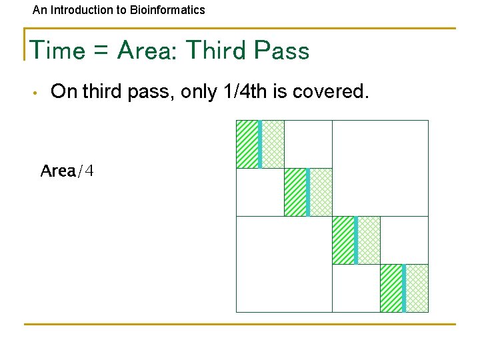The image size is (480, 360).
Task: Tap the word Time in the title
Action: (58, 51)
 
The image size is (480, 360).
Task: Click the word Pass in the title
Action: (283, 51)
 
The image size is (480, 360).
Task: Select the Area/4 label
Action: (67, 171)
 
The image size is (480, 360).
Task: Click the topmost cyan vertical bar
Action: (260, 144)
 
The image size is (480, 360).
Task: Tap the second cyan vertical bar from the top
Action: (308, 192)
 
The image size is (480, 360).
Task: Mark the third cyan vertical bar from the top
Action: (356, 240)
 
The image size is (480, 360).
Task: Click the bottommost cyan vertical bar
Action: (404, 288)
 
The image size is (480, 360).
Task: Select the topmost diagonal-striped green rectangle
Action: (247, 144)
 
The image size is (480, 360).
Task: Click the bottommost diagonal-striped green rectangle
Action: (391, 288)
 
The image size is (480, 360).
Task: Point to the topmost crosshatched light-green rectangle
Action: (273, 144)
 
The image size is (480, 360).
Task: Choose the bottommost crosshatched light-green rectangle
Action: (417, 288)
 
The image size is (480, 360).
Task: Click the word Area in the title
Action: (147, 51)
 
